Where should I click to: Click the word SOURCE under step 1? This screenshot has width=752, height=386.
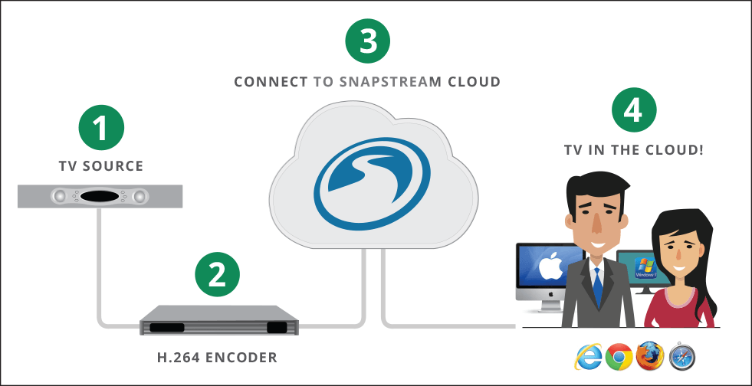pos(117,165)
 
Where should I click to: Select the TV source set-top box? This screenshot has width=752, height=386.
pos(100,197)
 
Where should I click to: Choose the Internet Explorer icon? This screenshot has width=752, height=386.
pos(587,357)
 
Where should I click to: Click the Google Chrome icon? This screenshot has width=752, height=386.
pos(618,357)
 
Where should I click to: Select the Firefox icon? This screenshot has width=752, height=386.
pos(649,357)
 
